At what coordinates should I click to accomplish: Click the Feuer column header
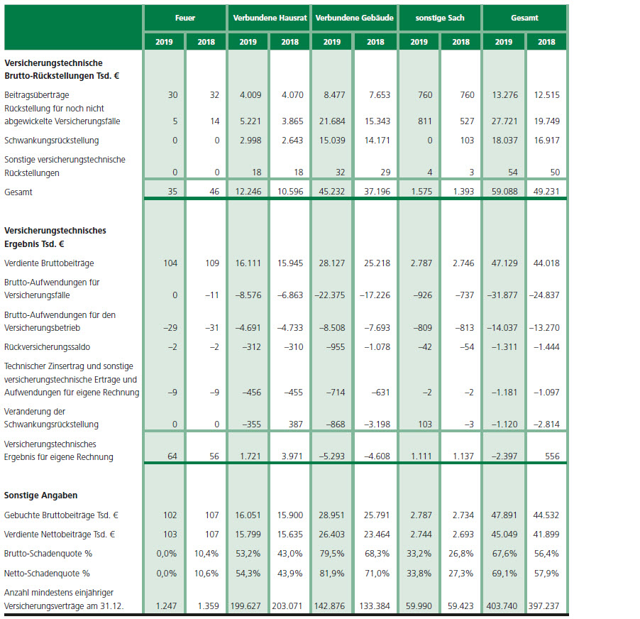pos(184,18)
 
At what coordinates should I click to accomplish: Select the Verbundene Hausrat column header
pos(269,18)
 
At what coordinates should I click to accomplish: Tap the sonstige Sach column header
pos(440,18)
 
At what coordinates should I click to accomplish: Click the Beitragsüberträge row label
pos(37,94)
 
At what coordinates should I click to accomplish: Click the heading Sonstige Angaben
pos(41,495)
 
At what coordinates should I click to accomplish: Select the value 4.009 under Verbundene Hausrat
pos(250,94)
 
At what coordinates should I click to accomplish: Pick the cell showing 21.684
pos(333,121)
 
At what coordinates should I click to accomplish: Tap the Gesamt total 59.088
pos(504,192)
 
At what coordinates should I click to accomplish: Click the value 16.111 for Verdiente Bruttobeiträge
pos(250,263)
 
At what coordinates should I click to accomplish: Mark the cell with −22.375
pos(332,295)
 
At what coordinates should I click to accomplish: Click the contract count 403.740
pos(502,606)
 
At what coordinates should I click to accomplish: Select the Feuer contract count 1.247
pos(167,606)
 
